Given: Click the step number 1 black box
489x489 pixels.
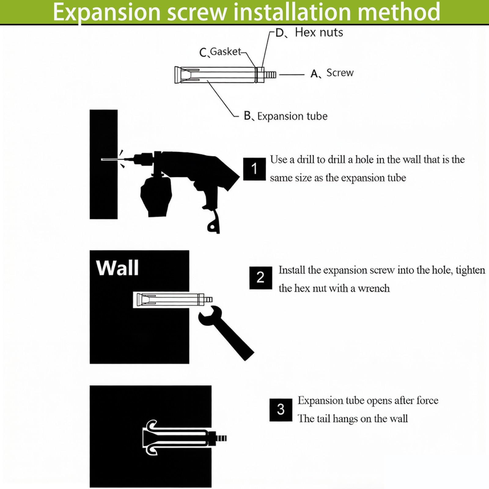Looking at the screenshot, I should tap(254, 169).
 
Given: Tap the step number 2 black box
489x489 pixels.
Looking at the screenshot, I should tap(260, 278).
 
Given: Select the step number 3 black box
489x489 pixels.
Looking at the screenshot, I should tap(281, 410).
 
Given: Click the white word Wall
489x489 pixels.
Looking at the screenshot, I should tap(117, 268).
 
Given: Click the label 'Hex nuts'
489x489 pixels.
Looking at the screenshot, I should tap(319, 32).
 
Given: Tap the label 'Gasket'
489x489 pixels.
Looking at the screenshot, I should tap(226, 51).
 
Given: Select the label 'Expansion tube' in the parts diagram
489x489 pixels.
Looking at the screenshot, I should tap(292, 116).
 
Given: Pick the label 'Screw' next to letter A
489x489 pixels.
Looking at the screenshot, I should tap(340, 73).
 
